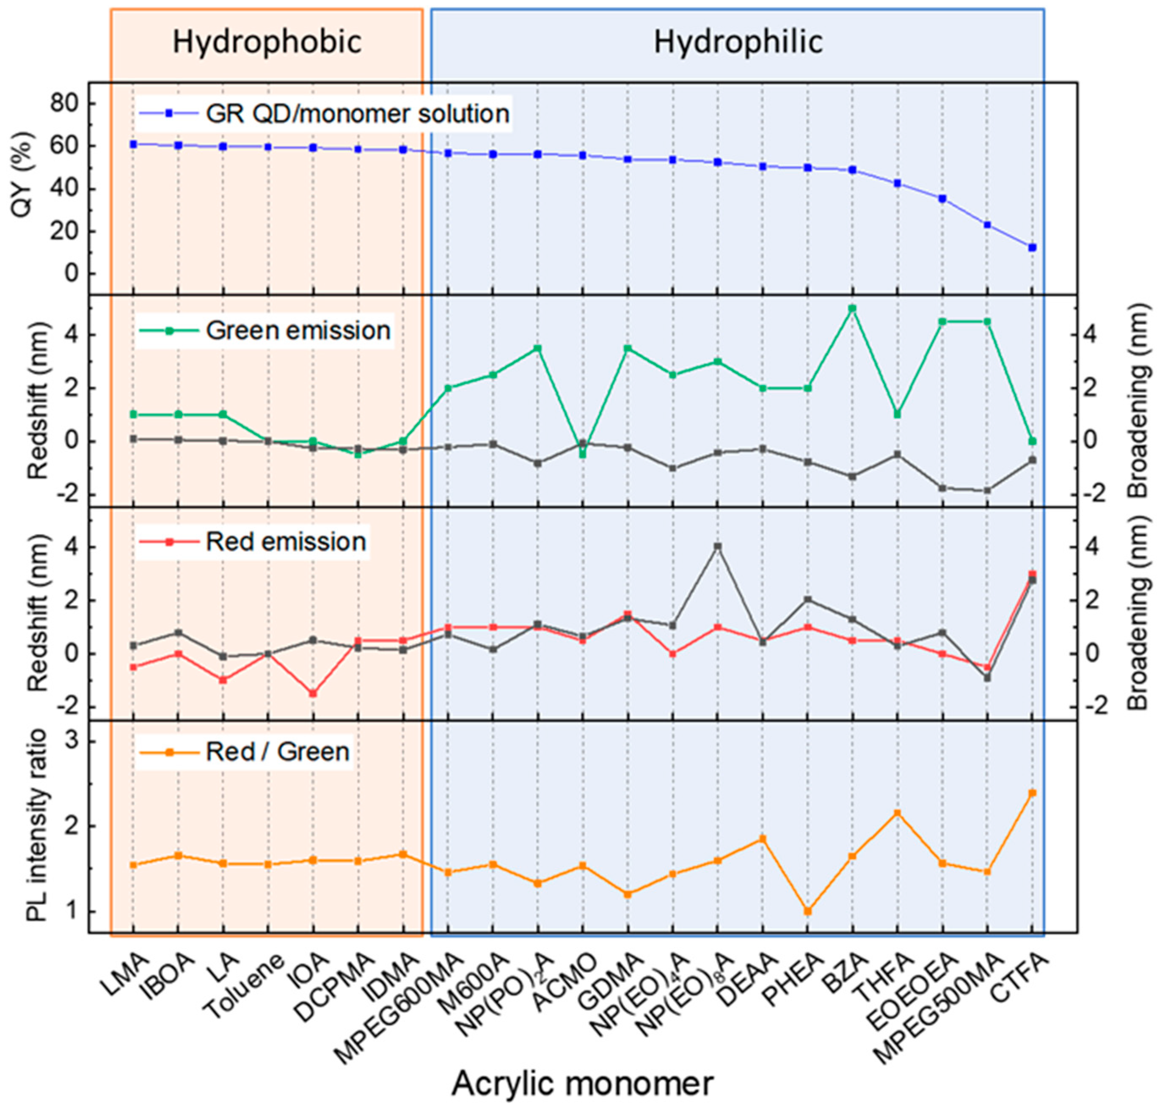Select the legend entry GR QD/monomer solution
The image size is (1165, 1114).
coord(357,113)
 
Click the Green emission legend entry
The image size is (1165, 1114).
coord(298,330)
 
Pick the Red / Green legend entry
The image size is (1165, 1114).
coord(277,752)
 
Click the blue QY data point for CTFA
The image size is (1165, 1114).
coord(1032,247)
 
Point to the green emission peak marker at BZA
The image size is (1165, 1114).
coord(852,308)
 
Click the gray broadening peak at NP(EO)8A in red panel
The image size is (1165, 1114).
coord(717,546)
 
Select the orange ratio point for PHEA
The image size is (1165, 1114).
coord(807,911)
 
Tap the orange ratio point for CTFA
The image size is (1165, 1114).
coord(1032,793)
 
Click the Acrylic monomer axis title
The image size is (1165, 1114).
coord(582,1084)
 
